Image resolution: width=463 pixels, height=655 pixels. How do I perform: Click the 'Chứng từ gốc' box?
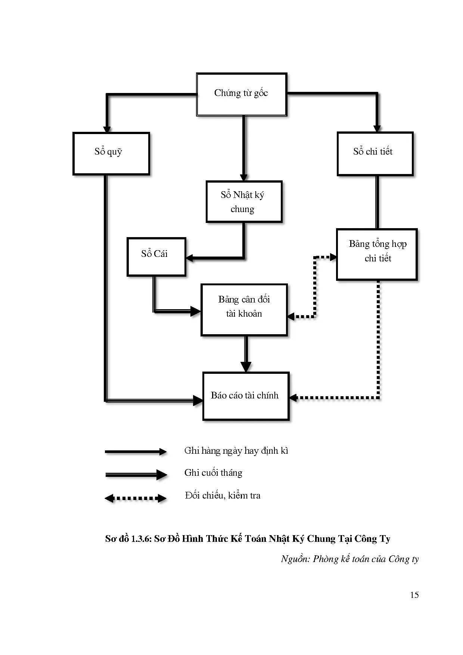242,94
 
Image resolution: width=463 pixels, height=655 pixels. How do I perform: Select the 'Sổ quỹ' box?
111,153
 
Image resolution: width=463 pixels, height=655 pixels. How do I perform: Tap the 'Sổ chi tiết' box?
375,153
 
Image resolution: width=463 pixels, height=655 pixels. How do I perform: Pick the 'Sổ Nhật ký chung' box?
244,202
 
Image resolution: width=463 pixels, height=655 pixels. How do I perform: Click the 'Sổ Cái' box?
156,257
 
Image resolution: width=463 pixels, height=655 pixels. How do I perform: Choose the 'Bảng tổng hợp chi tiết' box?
376,254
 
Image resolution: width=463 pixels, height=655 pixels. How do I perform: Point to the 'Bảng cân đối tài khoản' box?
244,310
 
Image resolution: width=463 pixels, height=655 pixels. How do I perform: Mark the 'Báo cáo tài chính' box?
246,396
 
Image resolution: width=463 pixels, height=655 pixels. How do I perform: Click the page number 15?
414,595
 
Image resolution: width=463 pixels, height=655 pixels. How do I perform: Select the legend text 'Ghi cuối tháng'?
213,473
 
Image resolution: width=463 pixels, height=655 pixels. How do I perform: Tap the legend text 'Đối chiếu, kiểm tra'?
223,496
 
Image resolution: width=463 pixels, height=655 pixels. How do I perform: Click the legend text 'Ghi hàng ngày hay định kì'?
236,451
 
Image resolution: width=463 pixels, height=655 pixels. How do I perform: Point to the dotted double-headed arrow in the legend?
136,498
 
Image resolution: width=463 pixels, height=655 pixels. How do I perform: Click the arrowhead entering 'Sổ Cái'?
190,258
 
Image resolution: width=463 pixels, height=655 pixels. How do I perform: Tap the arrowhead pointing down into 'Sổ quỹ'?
107,129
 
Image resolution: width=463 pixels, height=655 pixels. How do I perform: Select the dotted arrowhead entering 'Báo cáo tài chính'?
293,398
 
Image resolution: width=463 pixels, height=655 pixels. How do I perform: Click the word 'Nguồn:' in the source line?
295,559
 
